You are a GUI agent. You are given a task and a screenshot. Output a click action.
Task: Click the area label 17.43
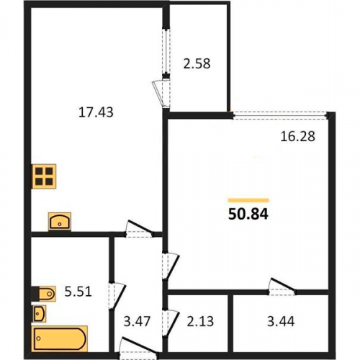[96, 112]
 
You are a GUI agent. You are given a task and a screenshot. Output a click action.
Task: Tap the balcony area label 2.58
[197, 64]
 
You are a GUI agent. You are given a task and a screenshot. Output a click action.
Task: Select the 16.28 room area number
[297, 136]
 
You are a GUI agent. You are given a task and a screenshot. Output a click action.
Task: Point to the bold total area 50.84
[248, 214]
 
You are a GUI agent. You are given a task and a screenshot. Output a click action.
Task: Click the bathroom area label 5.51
[78, 292]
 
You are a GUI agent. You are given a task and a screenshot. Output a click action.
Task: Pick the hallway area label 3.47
[137, 321]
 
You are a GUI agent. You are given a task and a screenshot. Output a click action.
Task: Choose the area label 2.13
[200, 321]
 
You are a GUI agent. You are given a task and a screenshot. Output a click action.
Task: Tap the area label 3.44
[281, 321]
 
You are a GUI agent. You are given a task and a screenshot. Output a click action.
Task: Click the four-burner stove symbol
[44, 176]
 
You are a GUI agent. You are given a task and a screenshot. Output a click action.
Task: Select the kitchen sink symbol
[60, 222]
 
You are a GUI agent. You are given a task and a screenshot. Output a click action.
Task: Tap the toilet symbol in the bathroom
[44, 294]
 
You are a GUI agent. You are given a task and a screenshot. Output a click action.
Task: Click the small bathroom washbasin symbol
[39, 313]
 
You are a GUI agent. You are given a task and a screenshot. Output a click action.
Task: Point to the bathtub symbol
[60, 338]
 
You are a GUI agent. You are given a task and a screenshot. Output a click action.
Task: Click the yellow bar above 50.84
[248, 200]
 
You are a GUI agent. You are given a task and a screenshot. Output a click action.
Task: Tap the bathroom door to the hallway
[117, 296]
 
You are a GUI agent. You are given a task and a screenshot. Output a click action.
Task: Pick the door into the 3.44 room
[282, 287]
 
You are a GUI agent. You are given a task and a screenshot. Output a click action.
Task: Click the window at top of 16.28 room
[281, 115]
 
